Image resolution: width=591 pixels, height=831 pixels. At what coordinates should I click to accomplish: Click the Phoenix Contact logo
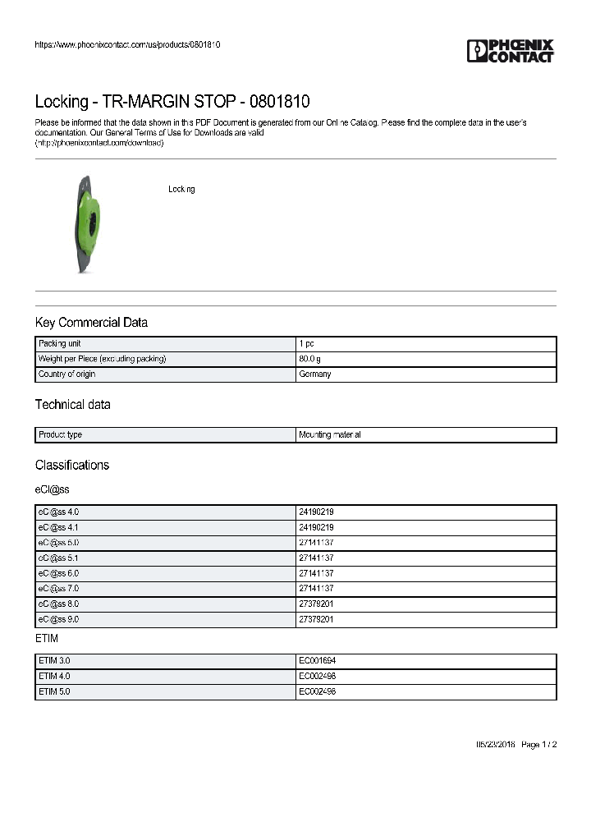pyautogui.click(x=510, y=51)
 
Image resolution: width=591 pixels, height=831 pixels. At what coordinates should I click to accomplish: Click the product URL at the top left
pyautogui.click(x=127, y=44)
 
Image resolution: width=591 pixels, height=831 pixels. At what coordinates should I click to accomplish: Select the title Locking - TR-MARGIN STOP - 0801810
pyautogui.click(x=172, y=102)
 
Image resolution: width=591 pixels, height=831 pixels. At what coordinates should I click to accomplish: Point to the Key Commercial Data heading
pyautogui.click(x=91, y=323)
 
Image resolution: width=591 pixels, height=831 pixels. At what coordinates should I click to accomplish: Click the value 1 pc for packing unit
pyautogui.click(x=306, y=344)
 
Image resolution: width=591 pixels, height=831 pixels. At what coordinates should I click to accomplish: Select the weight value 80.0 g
pyautogui.click(x=310, y=359)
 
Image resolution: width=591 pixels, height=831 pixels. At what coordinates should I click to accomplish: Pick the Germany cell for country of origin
pyautogui.click(x=315, y=374)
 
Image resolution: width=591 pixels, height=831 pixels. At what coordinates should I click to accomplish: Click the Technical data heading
pyautogui.click(x=72, y=405)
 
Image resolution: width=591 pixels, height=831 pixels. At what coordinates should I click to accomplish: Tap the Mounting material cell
pyautogui.click(x=330, y=435)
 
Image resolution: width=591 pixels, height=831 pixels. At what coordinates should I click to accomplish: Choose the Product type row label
pyautogui.click(x=60, y=435)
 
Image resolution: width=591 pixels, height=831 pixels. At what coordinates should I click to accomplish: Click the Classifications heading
pyautogui.click(x=72, y=465)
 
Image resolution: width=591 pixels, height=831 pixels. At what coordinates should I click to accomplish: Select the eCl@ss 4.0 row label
pyautogui.click(x=58, y=512)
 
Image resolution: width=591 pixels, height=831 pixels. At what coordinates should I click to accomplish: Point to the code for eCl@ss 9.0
pyautogui.click(x=316, y=620)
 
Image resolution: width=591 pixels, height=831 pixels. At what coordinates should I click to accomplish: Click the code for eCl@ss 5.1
pyautogui.click(x=316, y=558)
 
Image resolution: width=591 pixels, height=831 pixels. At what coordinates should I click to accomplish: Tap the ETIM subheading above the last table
pyautogui.click(x=47, y=638)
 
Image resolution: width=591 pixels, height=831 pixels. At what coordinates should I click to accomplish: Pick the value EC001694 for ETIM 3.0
pyautogui.click(x=317, y=661)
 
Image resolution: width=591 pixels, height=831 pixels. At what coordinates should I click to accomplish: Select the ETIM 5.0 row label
pyautogui.click(x=56, y=692)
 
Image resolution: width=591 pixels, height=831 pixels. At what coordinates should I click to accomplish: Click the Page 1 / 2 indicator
pyautogui.click(x=539, y=745)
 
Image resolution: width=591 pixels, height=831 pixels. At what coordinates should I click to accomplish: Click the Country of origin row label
pyautogui.click(x=66, y=374)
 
